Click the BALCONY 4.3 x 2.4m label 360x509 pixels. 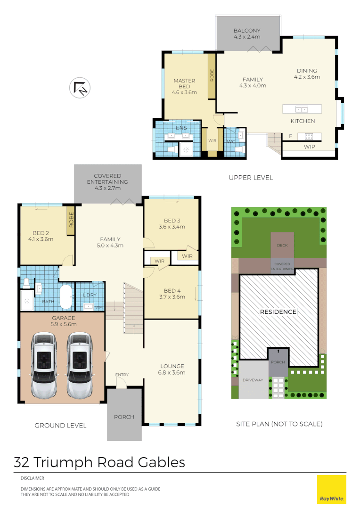coord(247,34)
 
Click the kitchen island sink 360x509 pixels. coord(301,109)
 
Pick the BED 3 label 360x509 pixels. coord(172,223)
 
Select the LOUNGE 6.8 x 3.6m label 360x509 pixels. coord(172,369)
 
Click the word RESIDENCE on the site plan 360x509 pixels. coord(278,312)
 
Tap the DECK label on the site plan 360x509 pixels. coord(282,246)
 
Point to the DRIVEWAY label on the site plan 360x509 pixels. coord(253,380)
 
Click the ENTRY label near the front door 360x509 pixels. coord(122,375)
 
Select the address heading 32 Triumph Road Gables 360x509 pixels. coord(99,462)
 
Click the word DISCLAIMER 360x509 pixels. coord(33,478)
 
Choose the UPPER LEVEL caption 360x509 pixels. coord(251,178)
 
